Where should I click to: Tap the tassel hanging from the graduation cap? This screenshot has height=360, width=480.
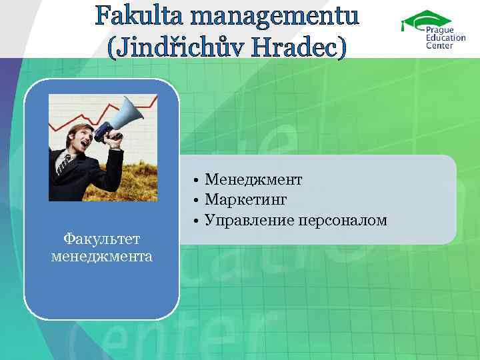(x=403, y=27)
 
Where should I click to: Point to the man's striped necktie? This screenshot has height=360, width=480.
(x=65, y=163)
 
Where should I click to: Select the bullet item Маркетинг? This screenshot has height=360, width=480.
(x=246, y=200)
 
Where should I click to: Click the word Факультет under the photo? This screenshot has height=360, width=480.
(x=101, y=239)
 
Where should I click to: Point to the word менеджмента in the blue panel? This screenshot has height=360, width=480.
(x=101, y=256)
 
